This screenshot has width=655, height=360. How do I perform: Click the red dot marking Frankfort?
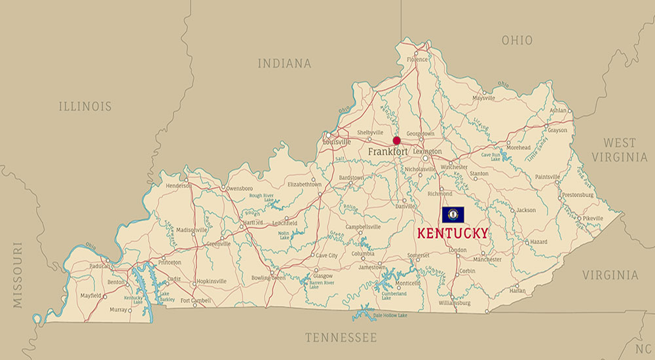(x=396, y=140)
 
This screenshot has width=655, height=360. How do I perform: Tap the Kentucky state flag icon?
(x=453, y=215)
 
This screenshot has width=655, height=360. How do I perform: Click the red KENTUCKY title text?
(x=453, y=233)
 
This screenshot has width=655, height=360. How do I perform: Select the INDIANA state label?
(x=284, y=63)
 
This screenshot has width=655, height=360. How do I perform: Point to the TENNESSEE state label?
(x=341, y=338)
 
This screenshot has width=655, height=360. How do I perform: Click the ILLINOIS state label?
(x=85, y=106)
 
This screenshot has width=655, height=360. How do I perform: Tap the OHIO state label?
(x=517, y=41)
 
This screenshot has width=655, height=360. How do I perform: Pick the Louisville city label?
(x=337, y=141)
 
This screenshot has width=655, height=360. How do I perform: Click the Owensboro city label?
(x=239, y=188)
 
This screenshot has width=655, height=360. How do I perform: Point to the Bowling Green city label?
(x=269, y=278)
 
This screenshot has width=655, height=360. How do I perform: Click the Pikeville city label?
(x=592, y=218)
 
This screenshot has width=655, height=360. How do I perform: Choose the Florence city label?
(x=417, y=60)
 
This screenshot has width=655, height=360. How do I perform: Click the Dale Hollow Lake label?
(x=390, y=315)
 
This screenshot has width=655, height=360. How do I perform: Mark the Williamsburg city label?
(x=455, y=303)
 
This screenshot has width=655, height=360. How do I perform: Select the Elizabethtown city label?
(x=305, y=185)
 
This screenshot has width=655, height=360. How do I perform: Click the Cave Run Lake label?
(x=491, y=156)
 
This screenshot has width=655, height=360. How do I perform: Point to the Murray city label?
(x=119, y=309)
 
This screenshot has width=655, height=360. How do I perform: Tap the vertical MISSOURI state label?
(x=17, y=275)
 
